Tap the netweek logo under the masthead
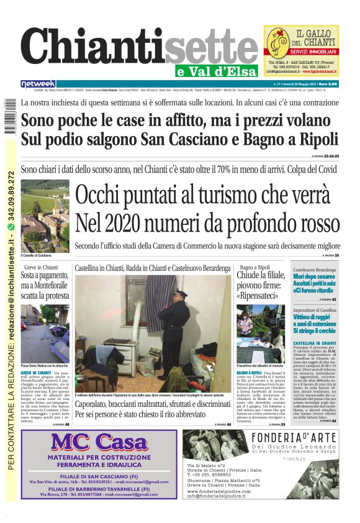point(38,84)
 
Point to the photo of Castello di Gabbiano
point(45,215)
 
